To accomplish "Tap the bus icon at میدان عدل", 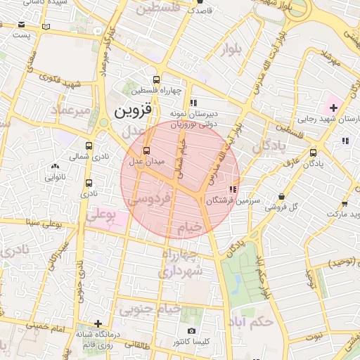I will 146,150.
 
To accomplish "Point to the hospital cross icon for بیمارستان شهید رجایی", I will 332,108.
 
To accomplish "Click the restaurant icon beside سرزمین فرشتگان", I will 233,189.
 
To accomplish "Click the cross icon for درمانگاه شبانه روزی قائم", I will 98,324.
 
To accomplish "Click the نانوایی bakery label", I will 56,177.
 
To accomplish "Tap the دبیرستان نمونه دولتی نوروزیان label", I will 193,118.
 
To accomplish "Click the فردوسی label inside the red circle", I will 149,199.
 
